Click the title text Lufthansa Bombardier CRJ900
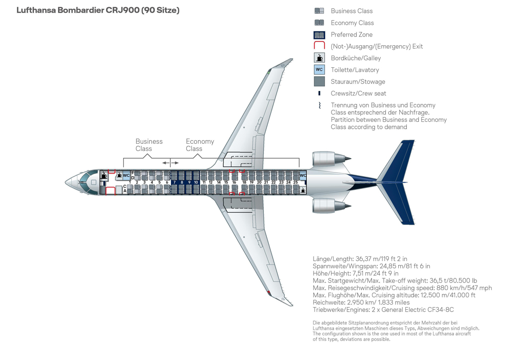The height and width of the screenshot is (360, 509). [97, 10]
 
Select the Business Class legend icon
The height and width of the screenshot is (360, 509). [319, 11]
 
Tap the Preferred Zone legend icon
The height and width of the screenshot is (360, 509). [319, 34]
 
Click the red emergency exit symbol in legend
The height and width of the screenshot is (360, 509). [319, 46]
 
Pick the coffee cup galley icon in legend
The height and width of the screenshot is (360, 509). [319, 58]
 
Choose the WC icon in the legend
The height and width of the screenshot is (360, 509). [319, 70]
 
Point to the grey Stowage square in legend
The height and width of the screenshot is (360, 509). [319, 82]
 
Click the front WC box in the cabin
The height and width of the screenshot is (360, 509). [126, 176]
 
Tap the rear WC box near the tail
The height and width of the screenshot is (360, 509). [303, 176]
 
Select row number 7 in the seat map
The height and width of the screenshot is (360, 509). [174, 182]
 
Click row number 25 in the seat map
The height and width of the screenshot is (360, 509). [296, 182]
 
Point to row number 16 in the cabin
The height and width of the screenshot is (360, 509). [234, 182]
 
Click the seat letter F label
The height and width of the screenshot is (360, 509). [133, 173]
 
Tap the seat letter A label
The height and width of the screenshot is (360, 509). [125, 191]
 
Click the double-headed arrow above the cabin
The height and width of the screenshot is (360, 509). [170, 163]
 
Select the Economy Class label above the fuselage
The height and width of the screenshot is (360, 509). [200, 145]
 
